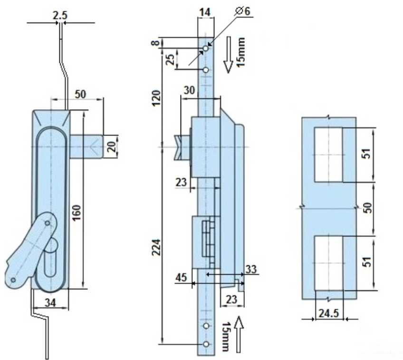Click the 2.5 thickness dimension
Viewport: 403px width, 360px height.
[x=60, y=15]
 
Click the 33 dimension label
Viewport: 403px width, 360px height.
[x=251, y=270]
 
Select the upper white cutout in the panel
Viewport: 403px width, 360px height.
[x=328, y=155]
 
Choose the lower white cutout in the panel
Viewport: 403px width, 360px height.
[x=328, y=263]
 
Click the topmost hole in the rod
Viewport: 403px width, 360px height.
[x=206, y=49]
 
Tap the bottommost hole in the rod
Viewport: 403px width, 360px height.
[x=206, y=344]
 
